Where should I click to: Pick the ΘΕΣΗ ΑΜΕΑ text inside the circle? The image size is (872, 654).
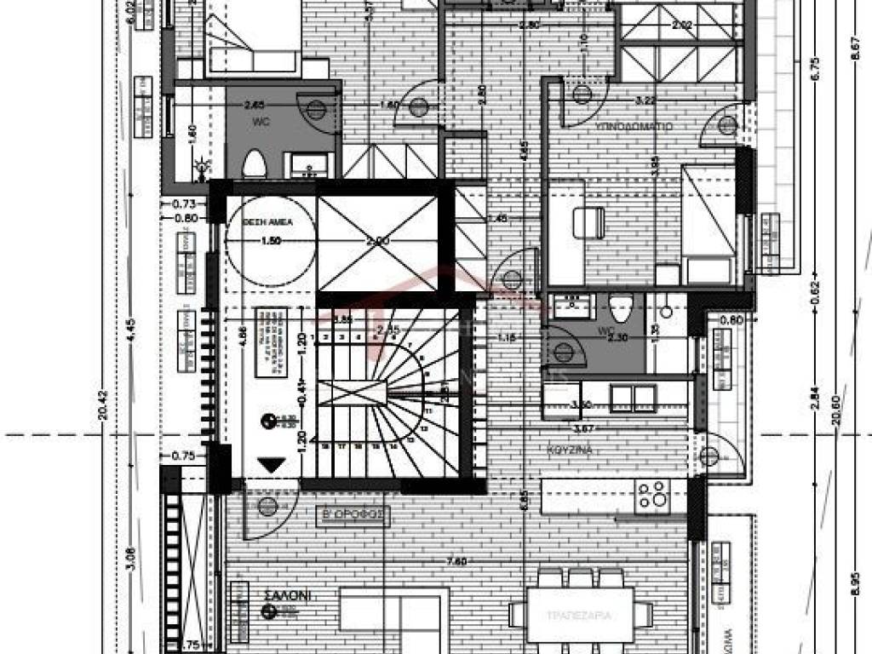coord(269,220)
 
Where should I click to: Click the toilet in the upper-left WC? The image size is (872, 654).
coord(255,163)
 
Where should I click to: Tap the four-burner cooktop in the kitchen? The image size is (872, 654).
coord(652,496)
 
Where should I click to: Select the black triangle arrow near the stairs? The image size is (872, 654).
coord(272,465)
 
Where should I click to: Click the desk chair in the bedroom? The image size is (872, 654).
coord(588,223)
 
